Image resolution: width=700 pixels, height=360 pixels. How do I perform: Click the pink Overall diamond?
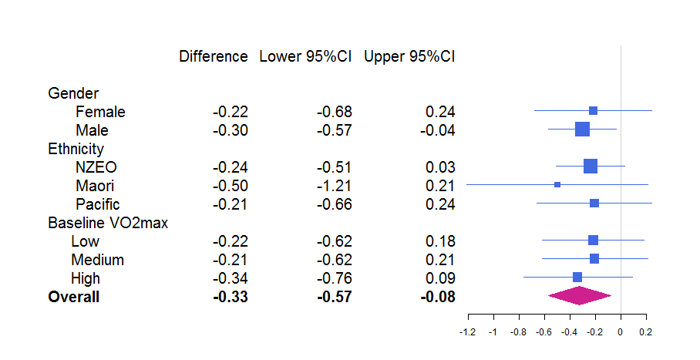[x=579, y=296]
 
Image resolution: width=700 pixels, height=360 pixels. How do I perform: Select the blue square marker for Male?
[x=582, y=129]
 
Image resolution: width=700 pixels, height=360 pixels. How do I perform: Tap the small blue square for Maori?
[x=557, y=184]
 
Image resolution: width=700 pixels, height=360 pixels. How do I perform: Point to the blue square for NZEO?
[x=591, y=167]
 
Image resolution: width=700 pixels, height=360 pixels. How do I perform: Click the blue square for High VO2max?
[x=577, y=277]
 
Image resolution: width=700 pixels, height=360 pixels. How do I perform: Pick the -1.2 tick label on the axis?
[x=468, y=332]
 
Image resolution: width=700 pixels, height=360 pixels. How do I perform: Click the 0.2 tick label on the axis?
[x=645, y=332]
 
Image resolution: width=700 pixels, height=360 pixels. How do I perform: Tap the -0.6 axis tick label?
[x=544, y=332]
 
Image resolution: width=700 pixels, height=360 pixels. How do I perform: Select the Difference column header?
[x=214, y=57]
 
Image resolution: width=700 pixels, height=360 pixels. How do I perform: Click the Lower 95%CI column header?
[x=305, y=57]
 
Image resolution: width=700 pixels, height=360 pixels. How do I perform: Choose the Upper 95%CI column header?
[x=409, y=57]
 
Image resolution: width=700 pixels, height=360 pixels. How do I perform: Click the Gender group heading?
[x=73, y=93]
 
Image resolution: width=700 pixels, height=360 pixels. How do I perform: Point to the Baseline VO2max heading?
[x=108, y=223]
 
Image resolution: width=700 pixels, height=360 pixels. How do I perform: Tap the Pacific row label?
[x=98, y=204]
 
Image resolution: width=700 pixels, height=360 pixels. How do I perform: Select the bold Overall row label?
[x=74, y=297]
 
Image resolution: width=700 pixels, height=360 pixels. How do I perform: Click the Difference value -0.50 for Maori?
[x=231, y=186]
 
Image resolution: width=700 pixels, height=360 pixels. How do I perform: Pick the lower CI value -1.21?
[x=335, y=186]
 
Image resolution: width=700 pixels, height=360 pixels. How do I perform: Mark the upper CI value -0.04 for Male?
[x=438, y=130]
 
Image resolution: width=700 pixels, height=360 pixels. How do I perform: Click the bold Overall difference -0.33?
[x=231, y=297]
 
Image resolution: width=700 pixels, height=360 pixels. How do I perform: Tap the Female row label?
[x=100, y=112]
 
